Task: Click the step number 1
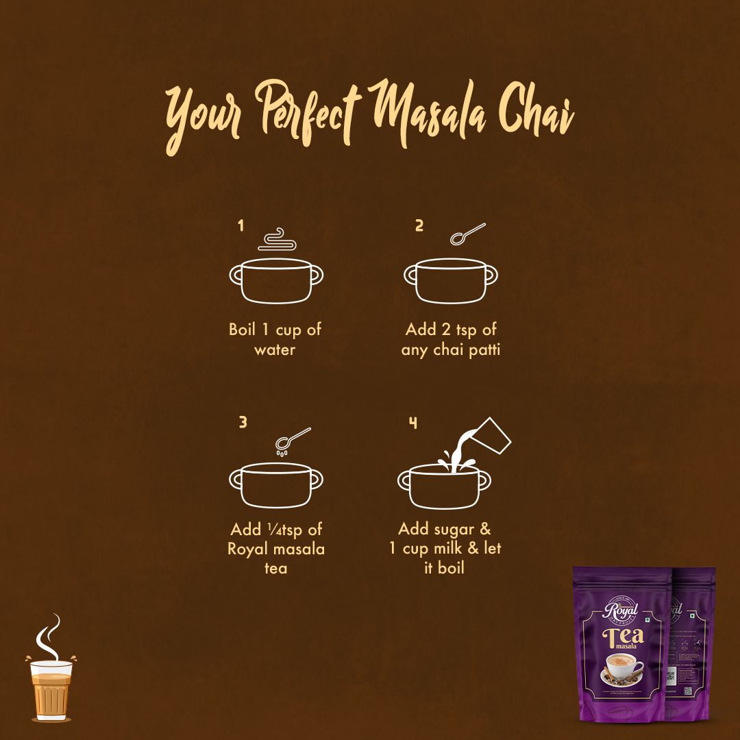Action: click(241, 225)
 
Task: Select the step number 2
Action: click(419, 225)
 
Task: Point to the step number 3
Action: click(243, 422)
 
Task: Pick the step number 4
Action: click(413, 422)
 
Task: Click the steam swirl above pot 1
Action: click(277, 240)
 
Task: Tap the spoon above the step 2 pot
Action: click(467, 234)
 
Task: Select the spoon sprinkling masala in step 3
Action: click(293, 439)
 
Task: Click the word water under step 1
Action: click(275, 350)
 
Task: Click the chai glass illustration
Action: click(51, 689)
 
